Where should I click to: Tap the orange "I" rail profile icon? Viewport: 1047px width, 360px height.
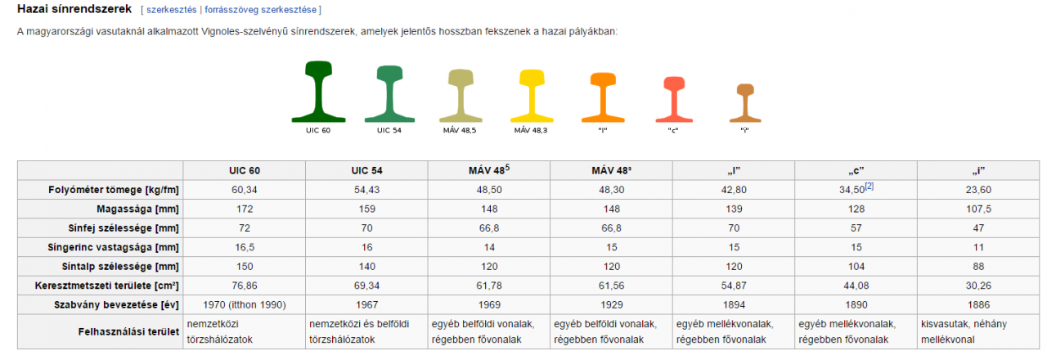coord(603,97)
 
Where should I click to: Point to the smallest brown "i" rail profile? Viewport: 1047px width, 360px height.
coord(744,102)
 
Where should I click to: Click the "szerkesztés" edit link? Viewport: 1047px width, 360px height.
coord(172,10)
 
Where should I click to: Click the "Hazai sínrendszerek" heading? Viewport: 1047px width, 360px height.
coord(74,9)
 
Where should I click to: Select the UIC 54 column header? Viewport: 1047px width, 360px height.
coord(366,171)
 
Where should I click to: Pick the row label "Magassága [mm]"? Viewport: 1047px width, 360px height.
coord(137,209)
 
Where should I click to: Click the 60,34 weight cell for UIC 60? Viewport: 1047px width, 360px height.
coord(244,190)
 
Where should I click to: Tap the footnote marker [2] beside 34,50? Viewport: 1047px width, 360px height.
coord(870,187)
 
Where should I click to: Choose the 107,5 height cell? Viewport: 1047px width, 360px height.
coord(978,209)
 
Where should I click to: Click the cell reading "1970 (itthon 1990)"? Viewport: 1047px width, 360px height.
coord(244,304)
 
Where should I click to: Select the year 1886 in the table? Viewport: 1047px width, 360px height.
coord(978,304)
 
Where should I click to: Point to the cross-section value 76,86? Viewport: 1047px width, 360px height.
coord(244,285)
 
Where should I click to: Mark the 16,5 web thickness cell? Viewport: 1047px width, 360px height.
coord(244,246)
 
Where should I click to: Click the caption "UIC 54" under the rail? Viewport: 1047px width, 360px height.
coord(389,130)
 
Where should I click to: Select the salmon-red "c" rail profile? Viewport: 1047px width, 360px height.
coord(673,97)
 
